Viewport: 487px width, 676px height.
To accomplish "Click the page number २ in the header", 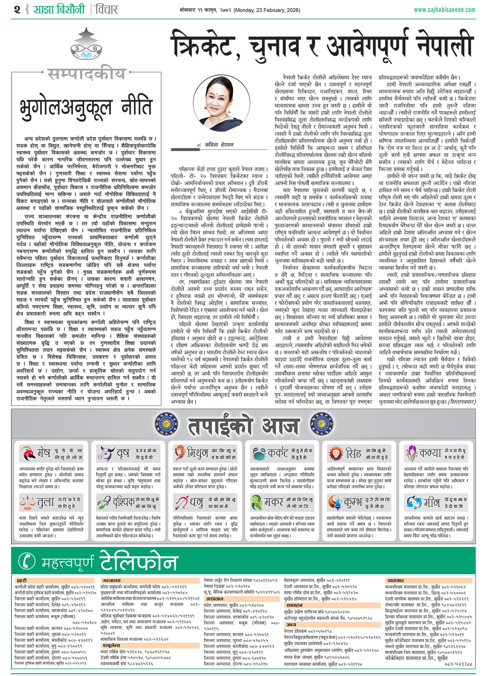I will (17, 9).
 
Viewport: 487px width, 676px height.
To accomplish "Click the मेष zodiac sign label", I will (43, 453).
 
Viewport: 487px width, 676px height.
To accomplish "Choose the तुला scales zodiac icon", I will (27, 503).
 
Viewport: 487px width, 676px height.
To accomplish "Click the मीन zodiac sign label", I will (431, 503).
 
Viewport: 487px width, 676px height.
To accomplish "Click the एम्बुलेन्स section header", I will (111, 645).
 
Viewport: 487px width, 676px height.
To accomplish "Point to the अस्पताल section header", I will (214, 599).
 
